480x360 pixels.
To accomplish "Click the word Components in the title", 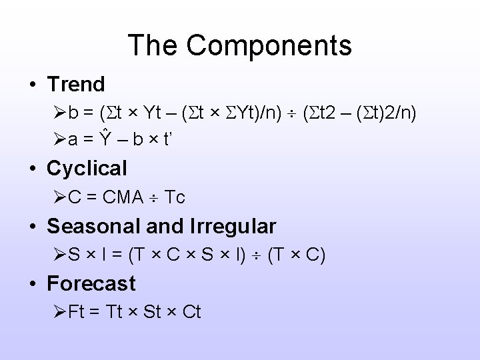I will pos(269,45).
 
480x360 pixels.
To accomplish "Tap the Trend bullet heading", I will pos(76,85).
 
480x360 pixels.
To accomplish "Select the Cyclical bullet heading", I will pos(87,169).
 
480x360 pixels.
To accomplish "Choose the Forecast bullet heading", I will pos(91,284).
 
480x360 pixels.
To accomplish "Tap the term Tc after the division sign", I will pos(175,197).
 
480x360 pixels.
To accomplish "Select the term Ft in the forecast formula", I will pos(77,312).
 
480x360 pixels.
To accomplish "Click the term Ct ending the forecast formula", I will pos(191,312).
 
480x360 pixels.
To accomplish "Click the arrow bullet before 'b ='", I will pos(57,112).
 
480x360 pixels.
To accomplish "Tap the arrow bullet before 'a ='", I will pos(57,140).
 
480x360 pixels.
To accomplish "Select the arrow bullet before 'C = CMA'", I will pos(57,197).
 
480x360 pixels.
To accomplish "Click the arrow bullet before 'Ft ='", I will pos(57,312).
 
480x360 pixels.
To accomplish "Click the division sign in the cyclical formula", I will pos(153,198).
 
